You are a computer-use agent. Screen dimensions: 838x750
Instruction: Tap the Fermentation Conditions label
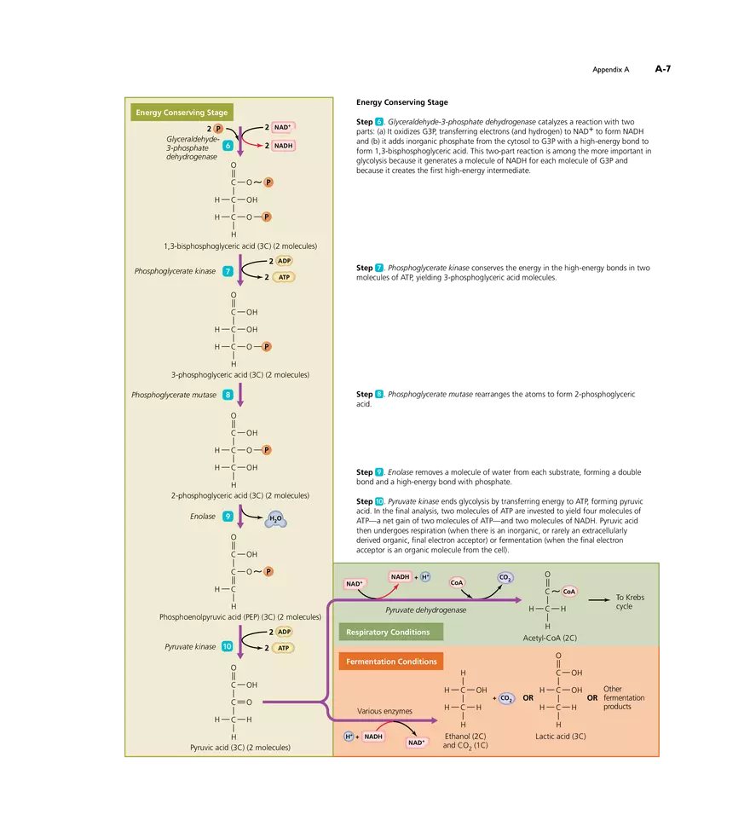click(x=391, y=662)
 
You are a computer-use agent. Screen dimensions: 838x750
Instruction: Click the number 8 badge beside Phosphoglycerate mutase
click(x=228, y=395)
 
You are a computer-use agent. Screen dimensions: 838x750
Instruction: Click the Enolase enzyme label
click(x=203, y=516)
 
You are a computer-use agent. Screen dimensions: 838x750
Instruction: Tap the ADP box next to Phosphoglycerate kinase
click(x=284, y=261)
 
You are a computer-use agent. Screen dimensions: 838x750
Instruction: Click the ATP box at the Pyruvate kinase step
click(x=284, y=647)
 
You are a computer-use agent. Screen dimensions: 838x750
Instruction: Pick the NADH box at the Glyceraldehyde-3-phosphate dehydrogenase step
click(x=284, y=146)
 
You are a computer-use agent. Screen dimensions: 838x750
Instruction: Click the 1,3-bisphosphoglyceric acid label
click(x=240, y=246)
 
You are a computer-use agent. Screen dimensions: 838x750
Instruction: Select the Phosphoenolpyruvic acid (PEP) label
click(x=239, y=616)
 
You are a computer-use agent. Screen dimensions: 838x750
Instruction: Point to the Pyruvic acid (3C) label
click(x=239, y=747)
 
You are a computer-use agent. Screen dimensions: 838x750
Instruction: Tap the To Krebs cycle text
click(x=630, y=602)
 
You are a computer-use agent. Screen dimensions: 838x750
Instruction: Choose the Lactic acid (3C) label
click(x=560, y=736)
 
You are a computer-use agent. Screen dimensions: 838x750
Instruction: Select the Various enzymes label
click(x=384, y=710)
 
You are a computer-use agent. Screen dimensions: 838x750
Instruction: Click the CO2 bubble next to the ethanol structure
click(x=505, y=698)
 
